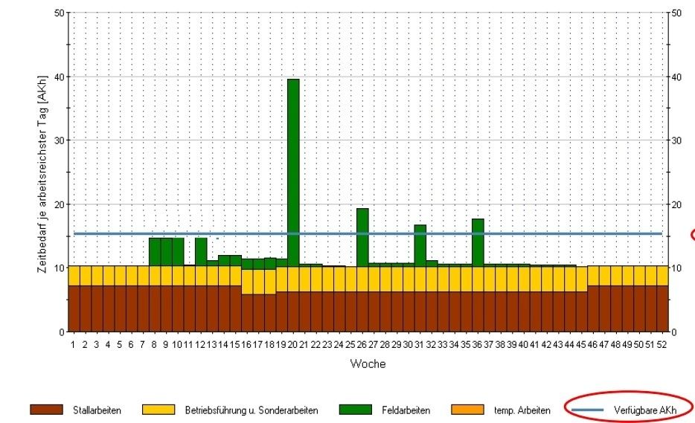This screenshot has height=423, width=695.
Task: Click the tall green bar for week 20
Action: tap(293, 171)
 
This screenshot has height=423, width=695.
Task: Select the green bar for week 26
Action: tap(362, 236)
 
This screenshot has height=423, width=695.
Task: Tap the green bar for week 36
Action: tap(478, 241)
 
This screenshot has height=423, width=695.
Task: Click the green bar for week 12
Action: tap(201, 251)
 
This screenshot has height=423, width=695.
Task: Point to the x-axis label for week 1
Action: tap(74, 345)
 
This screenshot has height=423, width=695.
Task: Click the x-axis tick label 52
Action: tap(662, 345)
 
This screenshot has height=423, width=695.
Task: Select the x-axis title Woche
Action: tap(368, 364)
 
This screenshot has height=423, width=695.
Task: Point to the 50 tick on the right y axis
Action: tap(676, 13)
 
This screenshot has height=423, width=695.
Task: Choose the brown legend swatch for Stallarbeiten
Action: tap(45, 410)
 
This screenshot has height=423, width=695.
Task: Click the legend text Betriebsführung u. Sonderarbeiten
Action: tap(251, 410)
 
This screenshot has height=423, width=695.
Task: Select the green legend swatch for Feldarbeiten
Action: tap(355, 410)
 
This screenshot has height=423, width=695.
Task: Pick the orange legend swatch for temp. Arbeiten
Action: tap(467, 410)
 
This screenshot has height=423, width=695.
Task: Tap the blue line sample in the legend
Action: tap(588, 410)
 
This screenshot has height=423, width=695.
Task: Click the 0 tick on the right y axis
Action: tap(673, 332)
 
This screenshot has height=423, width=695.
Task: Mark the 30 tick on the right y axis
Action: tap(676, 141)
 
